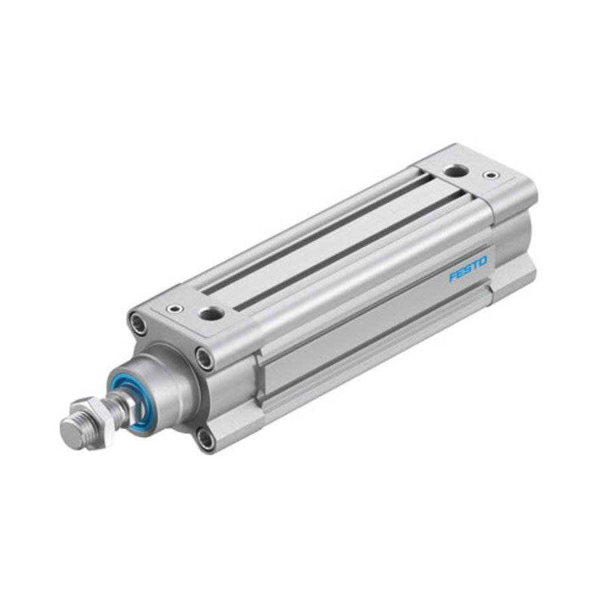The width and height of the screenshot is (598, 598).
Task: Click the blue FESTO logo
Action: [468, 269]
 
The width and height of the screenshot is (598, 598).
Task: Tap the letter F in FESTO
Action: [452, 276]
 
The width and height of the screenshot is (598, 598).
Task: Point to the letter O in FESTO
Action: [483, 262]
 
